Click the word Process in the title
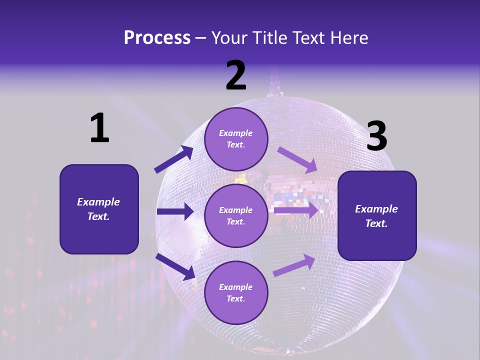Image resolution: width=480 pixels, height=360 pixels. [157, 38]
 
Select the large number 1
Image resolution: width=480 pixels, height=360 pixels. [99, 128]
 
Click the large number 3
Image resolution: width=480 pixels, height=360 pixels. [376, 136]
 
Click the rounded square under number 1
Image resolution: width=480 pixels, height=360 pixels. [99, 209]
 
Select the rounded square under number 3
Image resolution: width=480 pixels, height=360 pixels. [377, 215]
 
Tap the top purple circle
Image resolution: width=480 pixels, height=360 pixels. [236, 139]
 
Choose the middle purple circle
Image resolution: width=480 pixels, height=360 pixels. [236, 215]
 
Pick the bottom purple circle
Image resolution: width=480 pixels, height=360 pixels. [236, 292]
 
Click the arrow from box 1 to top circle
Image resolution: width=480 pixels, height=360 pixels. [174, 159]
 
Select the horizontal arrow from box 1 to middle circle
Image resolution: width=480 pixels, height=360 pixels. [175, 211]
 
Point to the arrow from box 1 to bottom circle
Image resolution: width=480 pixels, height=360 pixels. [175, 266]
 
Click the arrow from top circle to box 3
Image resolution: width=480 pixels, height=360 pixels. [298, 159]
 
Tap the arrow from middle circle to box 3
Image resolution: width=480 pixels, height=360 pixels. [296, 210]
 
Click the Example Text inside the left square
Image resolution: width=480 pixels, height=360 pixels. [99, 209]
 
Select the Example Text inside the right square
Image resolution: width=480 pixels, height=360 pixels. [377, 215]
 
